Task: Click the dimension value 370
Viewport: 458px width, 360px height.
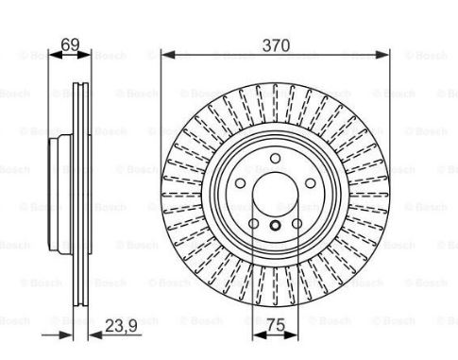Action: click(x=276, y=45)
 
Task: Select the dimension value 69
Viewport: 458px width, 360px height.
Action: click(x=70, y=44)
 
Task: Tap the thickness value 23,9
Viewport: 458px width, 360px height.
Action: click(x=121, y=326)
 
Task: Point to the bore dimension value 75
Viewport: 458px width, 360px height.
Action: click(x=276, y=325)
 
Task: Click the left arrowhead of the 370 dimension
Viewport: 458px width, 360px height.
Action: click(x=168, y=55)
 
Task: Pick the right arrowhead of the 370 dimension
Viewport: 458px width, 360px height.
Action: click(x=382, y=55)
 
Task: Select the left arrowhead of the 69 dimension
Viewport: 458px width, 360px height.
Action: click(x=56, y=55)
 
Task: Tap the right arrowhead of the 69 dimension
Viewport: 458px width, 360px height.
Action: click(x=83, y=55)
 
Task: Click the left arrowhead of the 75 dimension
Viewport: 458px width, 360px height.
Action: click(x=260, y=335)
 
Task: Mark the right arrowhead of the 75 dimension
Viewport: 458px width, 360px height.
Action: click(x=291, y=335)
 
